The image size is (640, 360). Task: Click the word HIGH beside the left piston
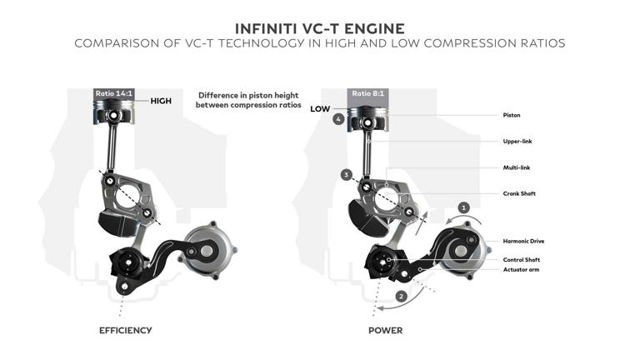pos(161,101)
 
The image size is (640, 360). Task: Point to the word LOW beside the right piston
pos(321,108)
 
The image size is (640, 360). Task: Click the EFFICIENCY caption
pos(126,331)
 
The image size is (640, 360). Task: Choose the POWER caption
pos(385,331)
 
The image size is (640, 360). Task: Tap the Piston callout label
pos(512,115)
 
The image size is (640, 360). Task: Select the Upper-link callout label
pos(517,141)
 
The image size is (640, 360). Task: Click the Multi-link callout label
pos(517,167)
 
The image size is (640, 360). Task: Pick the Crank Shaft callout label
pos(519,193)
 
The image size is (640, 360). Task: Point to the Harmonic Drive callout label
pos(523,241)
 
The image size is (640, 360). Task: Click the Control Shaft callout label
pos(522,259)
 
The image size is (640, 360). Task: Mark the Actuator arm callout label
pos(522,270)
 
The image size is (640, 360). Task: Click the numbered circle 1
pos(465,207)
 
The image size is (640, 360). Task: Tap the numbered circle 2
pos(401,296)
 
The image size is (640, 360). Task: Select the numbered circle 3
pos(345,175)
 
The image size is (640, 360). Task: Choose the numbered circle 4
pos(337,120)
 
